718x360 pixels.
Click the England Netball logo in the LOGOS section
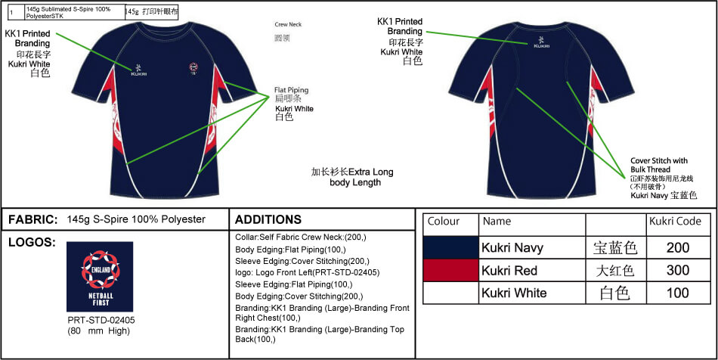[x=100, y=277]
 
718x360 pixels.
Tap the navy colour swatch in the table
[x=450, y=247]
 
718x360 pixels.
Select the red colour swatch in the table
[x=450, y=270]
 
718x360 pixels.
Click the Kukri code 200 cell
[x=678, y=247]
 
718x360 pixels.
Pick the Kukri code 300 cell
[x=678, y=270]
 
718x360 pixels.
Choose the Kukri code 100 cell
[x=678, y=293]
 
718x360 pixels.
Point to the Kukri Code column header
[x=675, y=222]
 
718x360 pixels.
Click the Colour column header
[x=444, y=222]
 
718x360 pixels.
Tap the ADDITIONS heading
[x=268, y=220]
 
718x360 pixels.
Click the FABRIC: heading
[x=32, y=220]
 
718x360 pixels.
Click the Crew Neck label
[x=287, y=24]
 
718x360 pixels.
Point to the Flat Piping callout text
[x=291, y=90]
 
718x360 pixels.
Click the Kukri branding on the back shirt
[x=541, y=43]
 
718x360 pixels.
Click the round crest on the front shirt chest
[x=195, y=67]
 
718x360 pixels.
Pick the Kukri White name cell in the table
[x=514, y=293]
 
